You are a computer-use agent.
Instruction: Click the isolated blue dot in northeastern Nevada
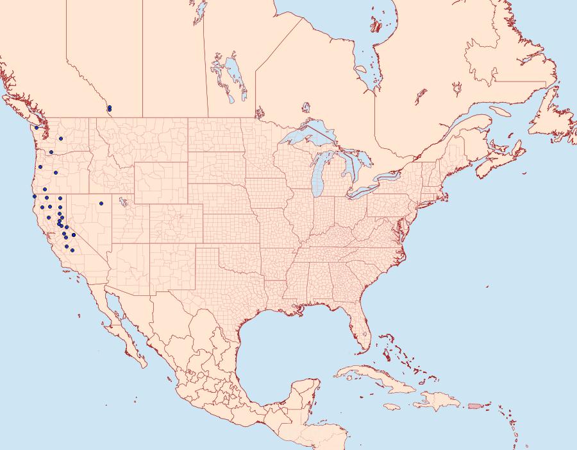point(101,203)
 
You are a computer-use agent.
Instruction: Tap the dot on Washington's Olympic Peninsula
point(37,128)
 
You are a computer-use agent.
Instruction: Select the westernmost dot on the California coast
point(34,196)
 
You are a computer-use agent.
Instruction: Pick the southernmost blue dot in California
point(72,250)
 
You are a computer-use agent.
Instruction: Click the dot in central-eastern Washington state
point(60,138)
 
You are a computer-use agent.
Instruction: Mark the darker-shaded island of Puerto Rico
point(475,405)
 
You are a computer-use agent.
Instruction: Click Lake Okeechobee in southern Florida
point(366,333)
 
